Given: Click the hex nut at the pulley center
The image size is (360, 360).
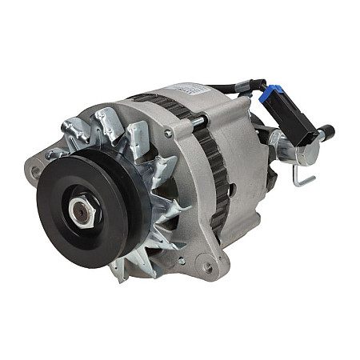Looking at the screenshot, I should pyautogui.click(x=81, y=211).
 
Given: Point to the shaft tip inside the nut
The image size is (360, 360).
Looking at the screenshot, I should pyautogui.click(x=80, y=212).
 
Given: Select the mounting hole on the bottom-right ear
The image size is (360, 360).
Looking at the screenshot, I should pyautogui.click(x=208, y=267).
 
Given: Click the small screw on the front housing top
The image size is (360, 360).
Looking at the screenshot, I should pyautogui.click(x=168, y=133).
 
